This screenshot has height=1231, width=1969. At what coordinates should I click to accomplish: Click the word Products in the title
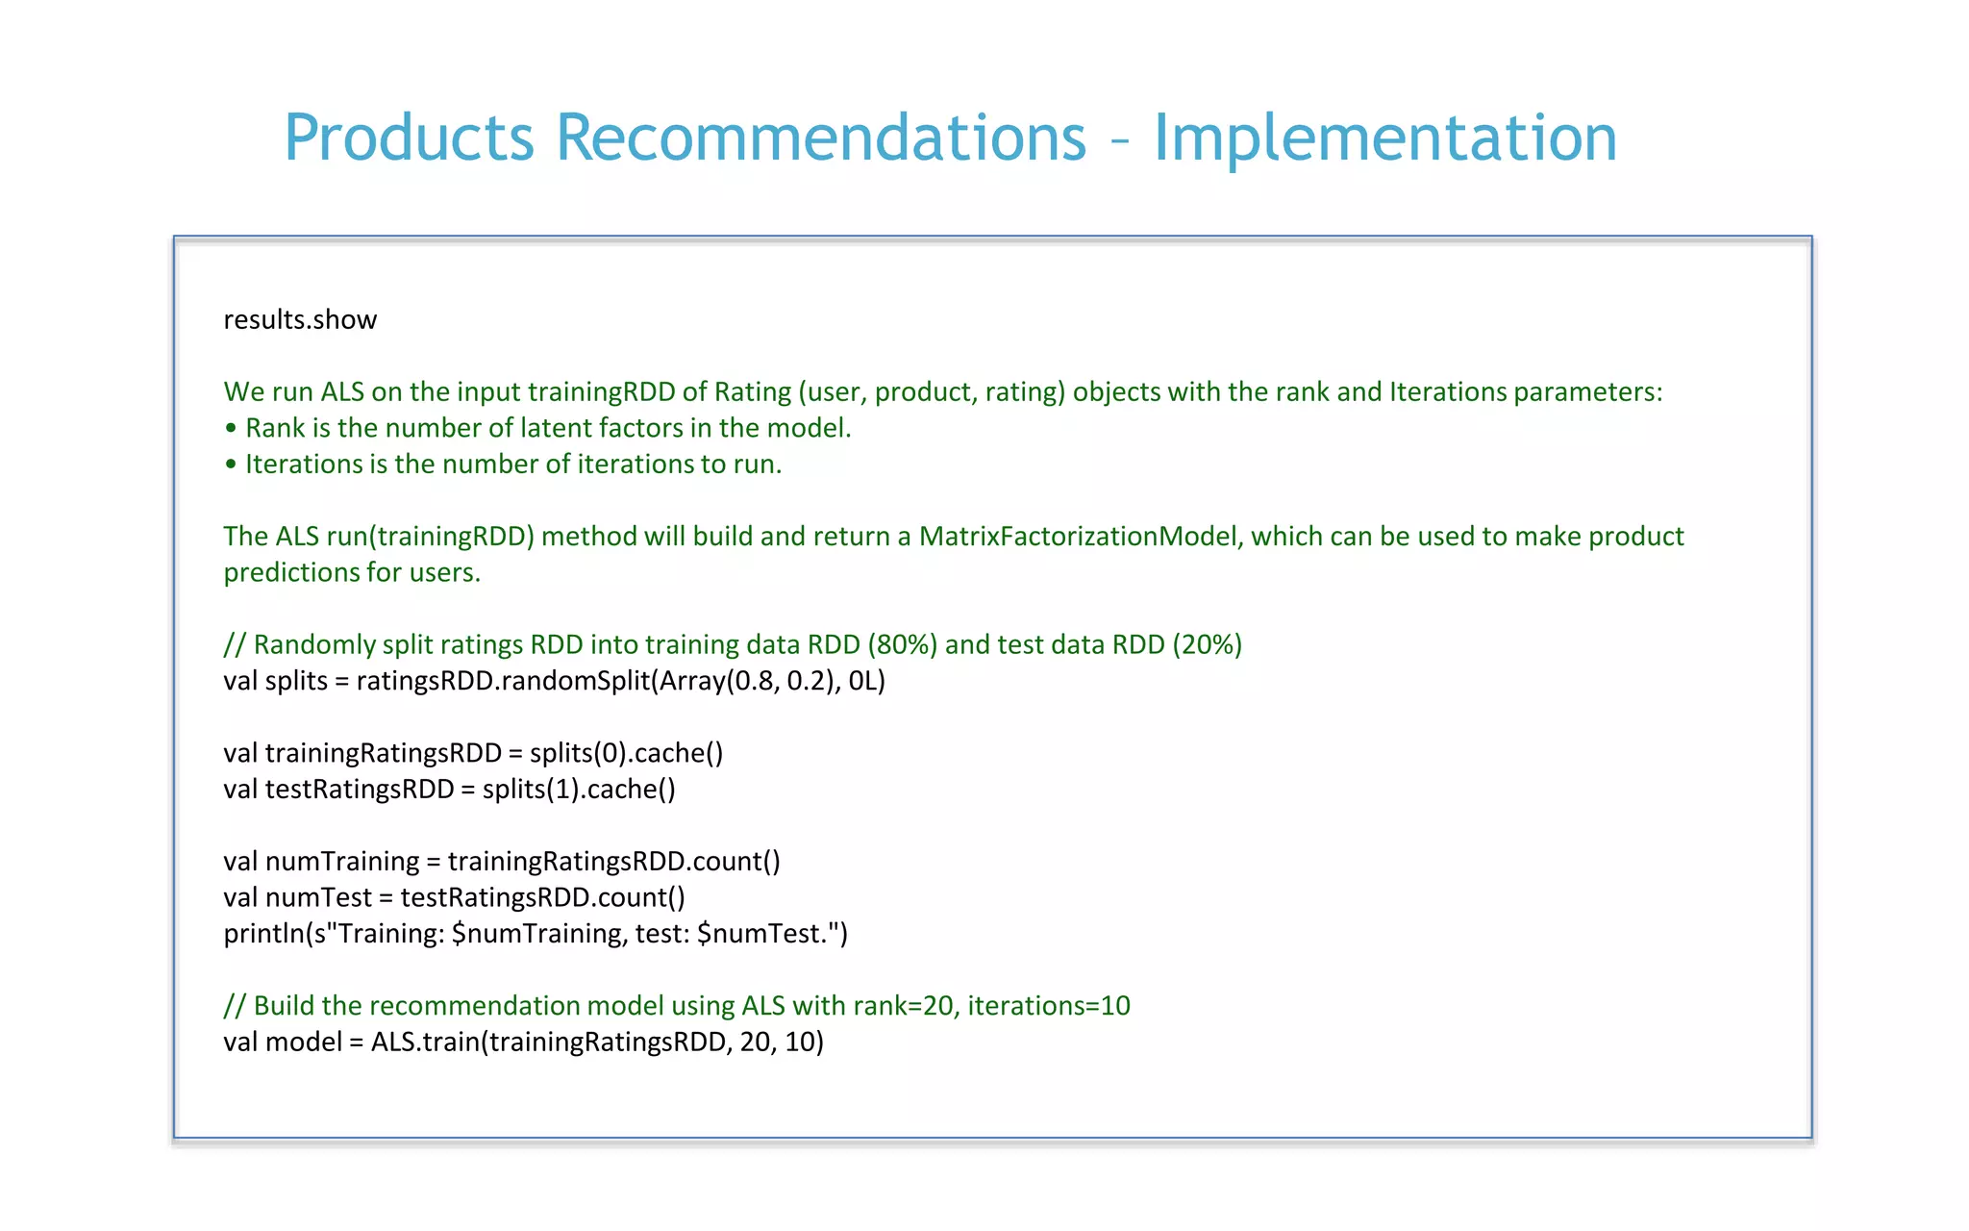409,138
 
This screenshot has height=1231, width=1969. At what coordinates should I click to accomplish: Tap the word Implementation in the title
1384,138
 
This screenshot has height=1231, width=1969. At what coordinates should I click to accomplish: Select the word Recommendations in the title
821,138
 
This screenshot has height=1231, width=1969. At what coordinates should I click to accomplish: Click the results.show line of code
300,319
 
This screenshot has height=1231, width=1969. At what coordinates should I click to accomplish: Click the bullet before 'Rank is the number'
231,428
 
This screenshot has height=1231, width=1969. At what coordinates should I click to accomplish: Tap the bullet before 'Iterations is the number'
231,465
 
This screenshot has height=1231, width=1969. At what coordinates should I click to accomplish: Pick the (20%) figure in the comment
1207,644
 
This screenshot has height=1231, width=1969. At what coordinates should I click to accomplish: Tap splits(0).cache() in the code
626,753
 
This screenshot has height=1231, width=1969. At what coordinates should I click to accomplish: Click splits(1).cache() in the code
579,790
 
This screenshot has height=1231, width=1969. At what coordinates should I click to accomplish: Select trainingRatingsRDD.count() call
613,862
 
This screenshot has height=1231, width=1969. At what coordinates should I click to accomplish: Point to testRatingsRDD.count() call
542,897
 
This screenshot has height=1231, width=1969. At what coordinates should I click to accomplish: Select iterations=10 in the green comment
1048,1006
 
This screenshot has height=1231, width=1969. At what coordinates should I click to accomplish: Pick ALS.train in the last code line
424,1043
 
